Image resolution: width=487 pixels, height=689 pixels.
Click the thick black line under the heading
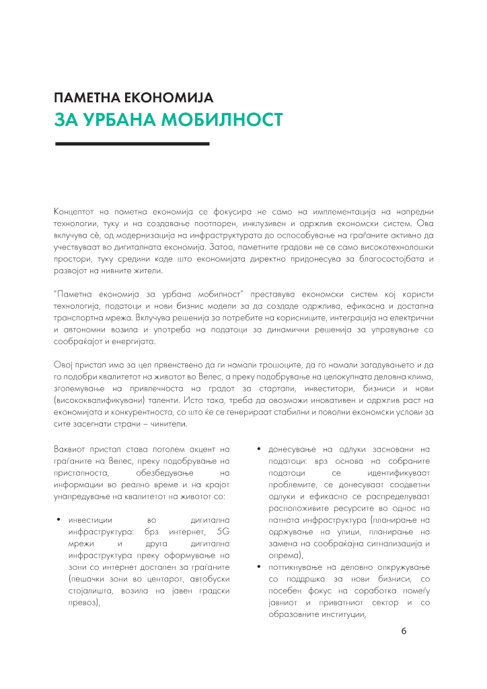(x=131, y=143)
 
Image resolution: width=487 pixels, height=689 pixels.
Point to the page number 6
(x=404, y=631)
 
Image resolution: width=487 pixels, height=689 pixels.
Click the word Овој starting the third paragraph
(x=63, y=365)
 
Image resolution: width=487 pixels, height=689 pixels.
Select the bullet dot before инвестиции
(x=59, y=520)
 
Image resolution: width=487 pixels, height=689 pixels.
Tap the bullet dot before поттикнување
(x=259, y=567)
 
